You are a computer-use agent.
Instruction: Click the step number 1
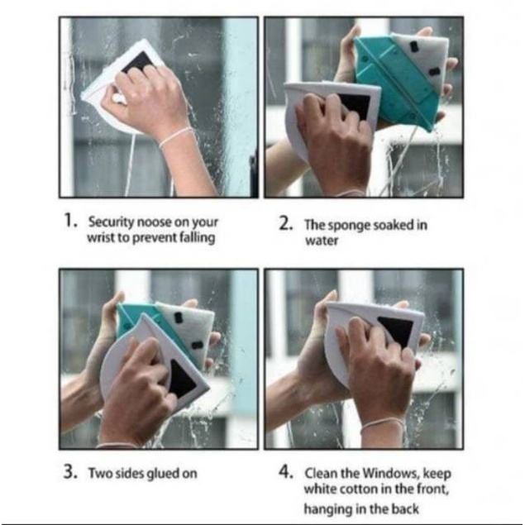(x=69, y=221)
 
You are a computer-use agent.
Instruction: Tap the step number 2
(x=286, y=224)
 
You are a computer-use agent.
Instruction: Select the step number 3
(x=71, y=472)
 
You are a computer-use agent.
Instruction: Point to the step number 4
(x=287, y=472)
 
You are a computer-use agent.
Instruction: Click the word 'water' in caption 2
(x=322, y=241)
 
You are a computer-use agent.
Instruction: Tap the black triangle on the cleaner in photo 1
(x=138, y=62)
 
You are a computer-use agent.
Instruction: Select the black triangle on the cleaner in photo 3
(x=181, y=379)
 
